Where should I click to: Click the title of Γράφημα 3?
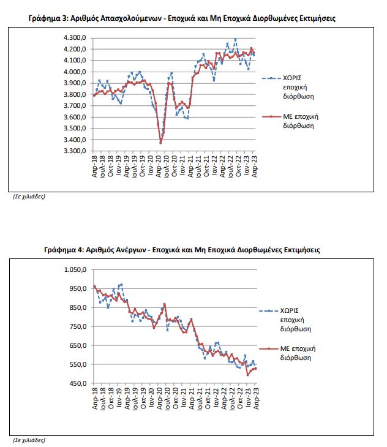pos(182,18)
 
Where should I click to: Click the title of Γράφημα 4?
pos(182,250)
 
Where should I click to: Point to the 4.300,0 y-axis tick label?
pos(75,37)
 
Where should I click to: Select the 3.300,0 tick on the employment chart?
pos(75,151)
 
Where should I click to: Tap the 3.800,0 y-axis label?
pos(75,94)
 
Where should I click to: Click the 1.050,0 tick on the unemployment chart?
pos(75,269)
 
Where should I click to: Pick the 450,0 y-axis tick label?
pos(78,383)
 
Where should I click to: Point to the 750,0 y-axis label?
pos(78,326)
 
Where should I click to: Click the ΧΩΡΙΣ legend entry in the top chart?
pos(288,87)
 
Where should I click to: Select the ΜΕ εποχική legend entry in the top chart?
pos(290,121)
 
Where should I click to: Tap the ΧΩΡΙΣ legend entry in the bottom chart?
pos(285,320)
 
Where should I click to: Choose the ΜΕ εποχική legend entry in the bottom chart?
pos(287,353)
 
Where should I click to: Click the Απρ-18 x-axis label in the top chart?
pos(94,167)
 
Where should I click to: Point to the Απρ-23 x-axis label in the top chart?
pos(255,167)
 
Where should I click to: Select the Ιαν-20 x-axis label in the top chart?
pos(151,165)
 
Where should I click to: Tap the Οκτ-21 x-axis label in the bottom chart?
pos(208,399)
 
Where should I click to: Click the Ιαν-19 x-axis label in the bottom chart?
pos(119,398)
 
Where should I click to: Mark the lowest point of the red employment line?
pos(160,143)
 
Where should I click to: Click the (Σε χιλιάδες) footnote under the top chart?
pos(29,197)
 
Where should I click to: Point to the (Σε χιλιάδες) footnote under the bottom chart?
pos(29,440)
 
